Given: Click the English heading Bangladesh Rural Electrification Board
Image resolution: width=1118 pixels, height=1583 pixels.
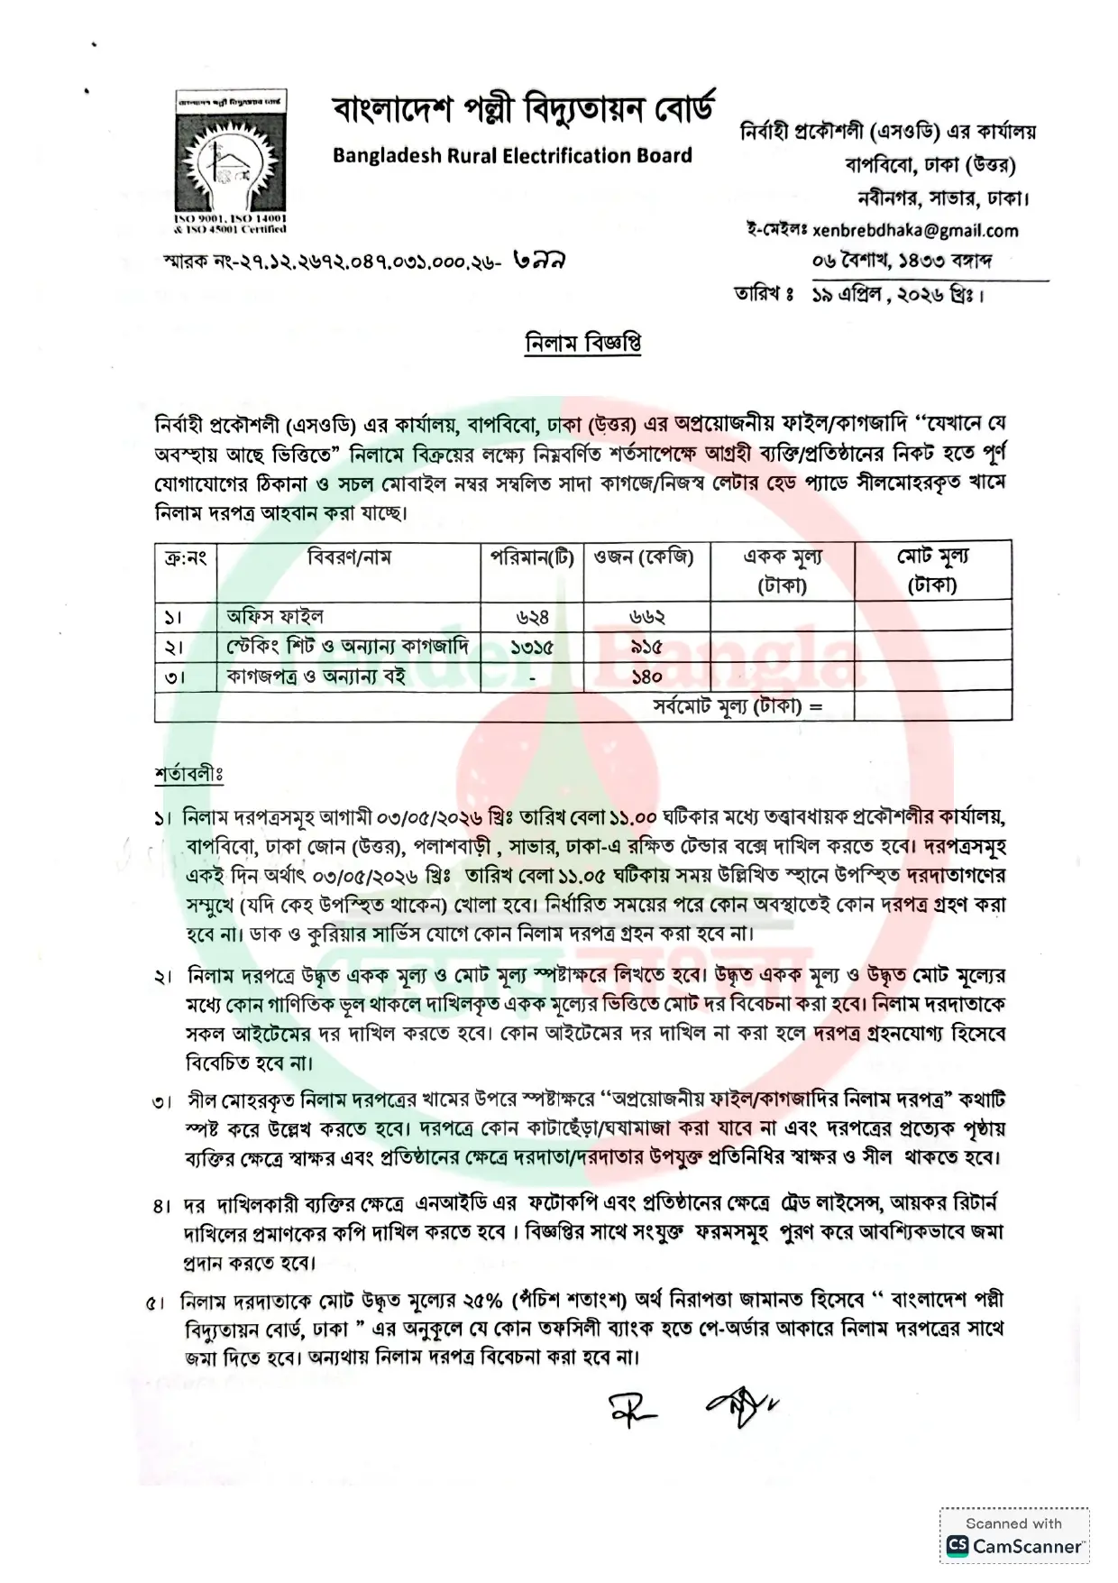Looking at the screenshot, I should [512, 155].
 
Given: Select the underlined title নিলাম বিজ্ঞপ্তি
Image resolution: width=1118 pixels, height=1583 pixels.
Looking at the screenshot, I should [583, 344].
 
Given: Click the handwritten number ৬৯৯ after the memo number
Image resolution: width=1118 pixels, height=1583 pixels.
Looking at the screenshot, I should [538, 261].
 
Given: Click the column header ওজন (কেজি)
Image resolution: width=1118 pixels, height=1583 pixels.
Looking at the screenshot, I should [644, 557].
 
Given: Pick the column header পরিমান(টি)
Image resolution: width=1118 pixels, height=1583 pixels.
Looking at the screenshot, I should [531, 557].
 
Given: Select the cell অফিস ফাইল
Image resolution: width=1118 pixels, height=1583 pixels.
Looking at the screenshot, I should [275, 617].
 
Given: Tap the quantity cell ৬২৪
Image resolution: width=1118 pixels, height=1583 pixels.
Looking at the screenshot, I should [532, 617].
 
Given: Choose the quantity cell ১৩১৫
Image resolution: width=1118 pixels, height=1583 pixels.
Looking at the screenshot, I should [531, 647].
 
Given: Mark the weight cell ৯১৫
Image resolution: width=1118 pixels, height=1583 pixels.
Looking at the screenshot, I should [646, 647].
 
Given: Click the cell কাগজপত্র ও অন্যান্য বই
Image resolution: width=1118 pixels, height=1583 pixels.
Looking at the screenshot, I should [316, 676].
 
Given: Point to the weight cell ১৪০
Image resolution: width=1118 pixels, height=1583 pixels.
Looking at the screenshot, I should [646, 676].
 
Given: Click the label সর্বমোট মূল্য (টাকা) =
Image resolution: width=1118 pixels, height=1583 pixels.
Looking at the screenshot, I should [738, 706].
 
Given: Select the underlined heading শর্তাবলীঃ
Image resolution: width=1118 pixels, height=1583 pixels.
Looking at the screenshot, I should [188, 774].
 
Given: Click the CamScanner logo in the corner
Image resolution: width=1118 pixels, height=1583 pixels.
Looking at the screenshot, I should [1014, 1546].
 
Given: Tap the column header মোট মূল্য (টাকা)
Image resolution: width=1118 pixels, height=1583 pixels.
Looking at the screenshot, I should [932, 570].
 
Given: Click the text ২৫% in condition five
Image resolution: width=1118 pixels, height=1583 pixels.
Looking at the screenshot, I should [482, 1301].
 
